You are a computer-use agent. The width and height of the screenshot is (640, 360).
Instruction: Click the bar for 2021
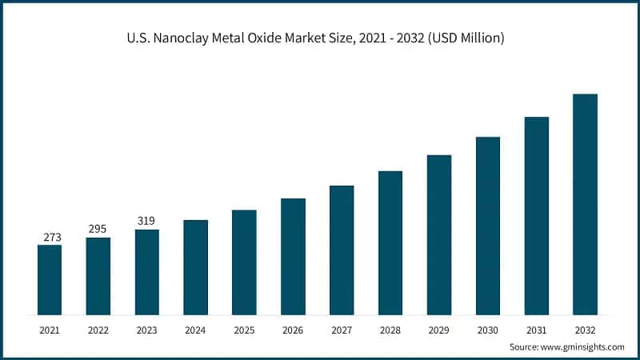pyautogui.click(x=50, y=279)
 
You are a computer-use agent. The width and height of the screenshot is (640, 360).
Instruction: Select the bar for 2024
pyautogui.click(x=195, y=267)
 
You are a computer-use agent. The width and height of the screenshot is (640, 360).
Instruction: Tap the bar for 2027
pyautogui.click(x=342, y=250)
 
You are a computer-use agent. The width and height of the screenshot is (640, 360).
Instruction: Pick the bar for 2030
pyautogui.click(x=488, y=226)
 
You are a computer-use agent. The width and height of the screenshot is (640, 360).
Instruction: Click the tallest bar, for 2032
pyautogui.click(x=585, y=204)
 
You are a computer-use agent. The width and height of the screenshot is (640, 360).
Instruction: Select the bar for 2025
pyautogui.click(x=244, y=262)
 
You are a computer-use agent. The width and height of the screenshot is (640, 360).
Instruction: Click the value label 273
pyautogui.click(x=50, y=237)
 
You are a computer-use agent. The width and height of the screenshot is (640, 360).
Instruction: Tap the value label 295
pyautogui.click(x=98, y=230)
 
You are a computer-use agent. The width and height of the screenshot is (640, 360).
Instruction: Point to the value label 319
pyautogui.click(x=146, y=221)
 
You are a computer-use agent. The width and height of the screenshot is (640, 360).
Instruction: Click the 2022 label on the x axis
pyautogui.click(x=98, y=330)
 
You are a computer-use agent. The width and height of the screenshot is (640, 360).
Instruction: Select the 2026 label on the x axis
pyautogui.click(x=293, y=330)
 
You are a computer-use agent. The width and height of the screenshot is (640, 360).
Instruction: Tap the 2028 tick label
pyautogui.click(x=390, y=330)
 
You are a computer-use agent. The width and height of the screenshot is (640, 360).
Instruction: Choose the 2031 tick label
pyautogui.click(x=536, y=330)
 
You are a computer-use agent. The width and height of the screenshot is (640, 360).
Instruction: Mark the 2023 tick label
pyautogui.click(x=146, y=330)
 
